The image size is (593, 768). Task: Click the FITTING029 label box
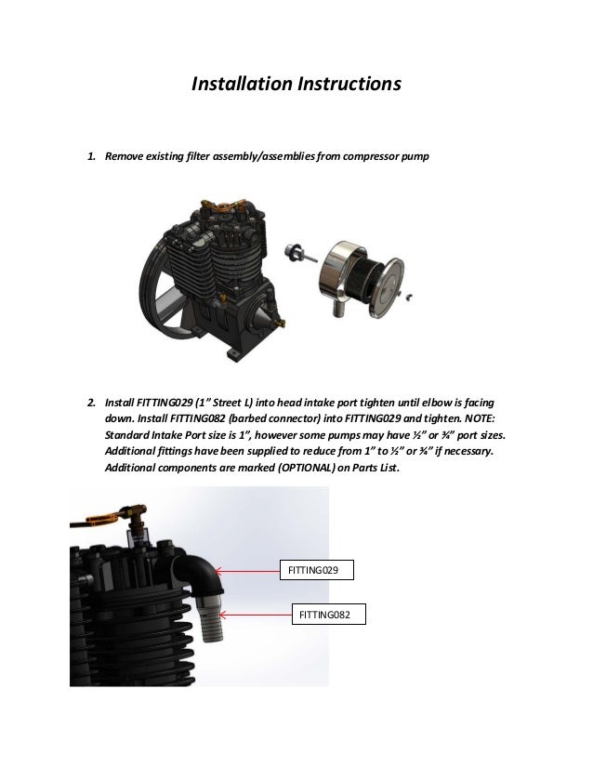coord(317,569)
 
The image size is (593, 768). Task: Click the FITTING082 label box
coord(328,614)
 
